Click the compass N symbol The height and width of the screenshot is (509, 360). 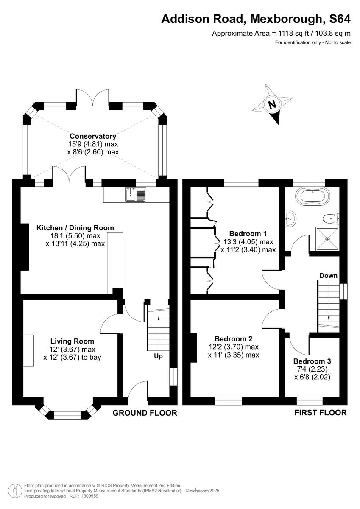coord(273,104)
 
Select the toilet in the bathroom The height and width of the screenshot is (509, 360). coord(329,218)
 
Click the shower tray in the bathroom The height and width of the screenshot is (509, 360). coord(327,238)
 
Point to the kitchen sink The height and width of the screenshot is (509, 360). coord(136,195)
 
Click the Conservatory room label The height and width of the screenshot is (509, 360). coord(93,136)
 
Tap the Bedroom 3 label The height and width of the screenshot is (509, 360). coord(312,361)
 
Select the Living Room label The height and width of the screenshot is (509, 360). coord(72,341)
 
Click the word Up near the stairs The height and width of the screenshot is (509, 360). coord(158,356)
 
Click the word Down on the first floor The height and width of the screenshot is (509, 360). coord(329,276)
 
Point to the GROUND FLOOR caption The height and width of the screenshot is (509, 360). coord(145,413)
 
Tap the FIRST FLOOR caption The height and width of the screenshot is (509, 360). coord(321,412)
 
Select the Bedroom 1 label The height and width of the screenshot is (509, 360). coord(248,233)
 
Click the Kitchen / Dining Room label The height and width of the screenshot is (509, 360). coord(75,228)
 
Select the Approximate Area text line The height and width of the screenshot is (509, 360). coord(281,33)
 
